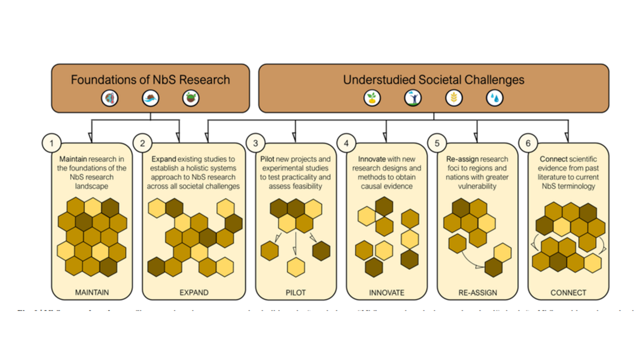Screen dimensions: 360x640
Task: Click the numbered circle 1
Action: (x=51, y=143)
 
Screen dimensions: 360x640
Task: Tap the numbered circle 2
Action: (x=142, y=143)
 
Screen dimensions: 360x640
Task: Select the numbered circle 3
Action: (x=255, y=143)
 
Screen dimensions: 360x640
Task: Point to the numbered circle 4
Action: (x=346, y=143)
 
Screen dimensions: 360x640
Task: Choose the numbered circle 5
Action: (x=437, y=143)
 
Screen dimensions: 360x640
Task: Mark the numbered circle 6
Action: (x=528, y=143)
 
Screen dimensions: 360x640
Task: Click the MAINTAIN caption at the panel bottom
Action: (x=92, y=292)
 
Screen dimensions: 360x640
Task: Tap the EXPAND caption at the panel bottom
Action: (x=194, y=292)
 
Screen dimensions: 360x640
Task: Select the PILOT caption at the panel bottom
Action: (x=295, y=292)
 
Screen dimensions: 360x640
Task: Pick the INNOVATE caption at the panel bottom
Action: (x=387, y=292)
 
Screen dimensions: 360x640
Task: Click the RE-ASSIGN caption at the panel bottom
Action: (x=477, y=292)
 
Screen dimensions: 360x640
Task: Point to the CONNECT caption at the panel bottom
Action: (x=568, y=292)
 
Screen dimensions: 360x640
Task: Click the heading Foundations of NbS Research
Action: (x=150, y=80)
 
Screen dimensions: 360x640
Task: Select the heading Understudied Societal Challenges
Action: (x=434, y=80)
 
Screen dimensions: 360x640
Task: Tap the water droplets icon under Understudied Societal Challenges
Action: (x=494, y=98)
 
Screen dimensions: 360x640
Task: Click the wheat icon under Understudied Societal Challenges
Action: (x=454, y=98)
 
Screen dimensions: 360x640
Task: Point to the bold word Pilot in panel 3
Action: (x=268, y=159)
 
